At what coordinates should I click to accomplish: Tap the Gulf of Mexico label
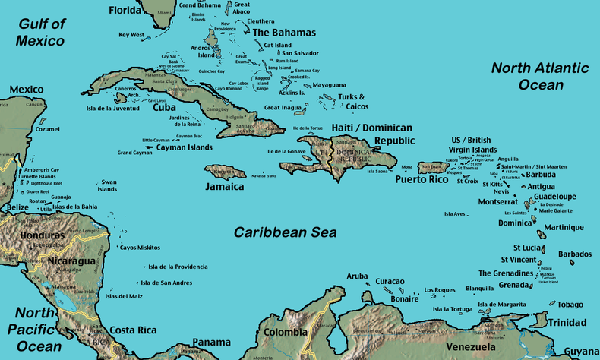pos(41,32)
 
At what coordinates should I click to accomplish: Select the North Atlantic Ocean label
pos(540,76)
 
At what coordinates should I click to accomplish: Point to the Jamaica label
pos(225,186)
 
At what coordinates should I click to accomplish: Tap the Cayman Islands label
pos(185,147)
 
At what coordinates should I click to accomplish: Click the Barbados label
pos(575,254)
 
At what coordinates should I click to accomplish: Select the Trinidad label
pos(567,322)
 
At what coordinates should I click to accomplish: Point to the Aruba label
pos(357,276)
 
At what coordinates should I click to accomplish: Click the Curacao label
pos(390,281)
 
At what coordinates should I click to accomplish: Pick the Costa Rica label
pos(133,330)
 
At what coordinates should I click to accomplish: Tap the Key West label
pos(131,35)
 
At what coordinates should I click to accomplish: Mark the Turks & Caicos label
pos(352,102)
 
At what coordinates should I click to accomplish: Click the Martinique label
pos(564,228)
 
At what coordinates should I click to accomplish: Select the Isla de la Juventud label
pos(113,108)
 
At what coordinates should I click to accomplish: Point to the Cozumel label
pos(47,129)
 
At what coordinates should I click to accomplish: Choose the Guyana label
pos(582,352)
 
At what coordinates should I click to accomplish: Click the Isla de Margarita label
pos(501,305)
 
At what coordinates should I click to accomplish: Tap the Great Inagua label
pos(283,108)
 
